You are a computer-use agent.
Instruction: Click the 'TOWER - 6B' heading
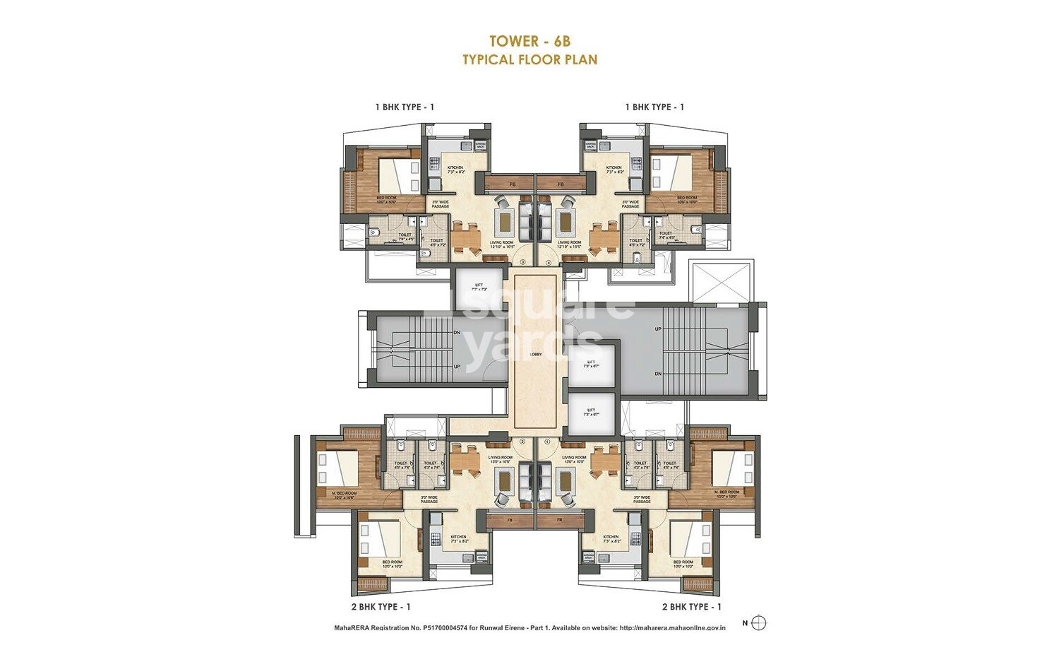point(529,42)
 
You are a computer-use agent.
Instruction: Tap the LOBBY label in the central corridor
point(536,355)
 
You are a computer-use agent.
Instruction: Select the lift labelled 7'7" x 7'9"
point(479,287)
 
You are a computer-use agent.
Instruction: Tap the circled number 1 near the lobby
point(547,442)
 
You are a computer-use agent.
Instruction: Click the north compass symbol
point(759,623)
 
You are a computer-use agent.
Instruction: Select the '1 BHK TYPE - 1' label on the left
point(405,107)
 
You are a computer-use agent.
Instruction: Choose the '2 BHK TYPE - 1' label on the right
point(691,606)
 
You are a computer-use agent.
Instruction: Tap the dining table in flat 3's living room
point(465,237)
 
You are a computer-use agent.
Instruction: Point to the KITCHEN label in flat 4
point(614,170)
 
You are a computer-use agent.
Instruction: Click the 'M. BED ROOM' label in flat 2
point(344,494)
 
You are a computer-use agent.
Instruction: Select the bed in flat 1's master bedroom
point(727,468)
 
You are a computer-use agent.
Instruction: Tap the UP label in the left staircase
point(457,367)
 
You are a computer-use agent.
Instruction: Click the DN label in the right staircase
point(658,373)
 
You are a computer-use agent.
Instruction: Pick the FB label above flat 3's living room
point(512,185)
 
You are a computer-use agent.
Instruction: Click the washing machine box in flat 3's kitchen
point(480,146)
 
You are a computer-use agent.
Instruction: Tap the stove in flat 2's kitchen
point(433,537)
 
